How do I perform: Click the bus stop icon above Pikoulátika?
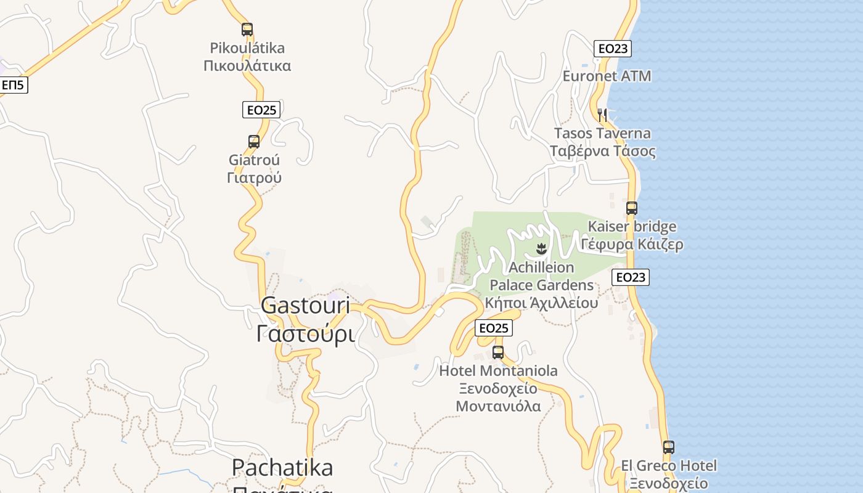click(247, 29)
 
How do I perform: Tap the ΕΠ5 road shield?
click(12, 85)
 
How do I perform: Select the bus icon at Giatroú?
click(254, 142)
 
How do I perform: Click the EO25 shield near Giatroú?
click(261, 110)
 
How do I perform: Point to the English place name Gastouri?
click(305, 305)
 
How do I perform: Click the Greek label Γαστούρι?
click(305, 334)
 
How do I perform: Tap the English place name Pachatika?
click(282, 468)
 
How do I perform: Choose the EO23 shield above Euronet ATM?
click(613, 49)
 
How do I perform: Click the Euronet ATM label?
click(607, 76)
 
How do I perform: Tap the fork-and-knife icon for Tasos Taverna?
click(602, 115)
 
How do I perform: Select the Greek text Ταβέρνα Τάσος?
click(602, 151)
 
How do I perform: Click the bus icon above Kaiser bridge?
click(631, 208)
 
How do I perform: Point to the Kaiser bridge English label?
click(632, 226)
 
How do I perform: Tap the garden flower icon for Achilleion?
click(541, 249)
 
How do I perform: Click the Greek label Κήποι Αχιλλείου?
click(541, 303)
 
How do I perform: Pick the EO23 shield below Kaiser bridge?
click(631, 277)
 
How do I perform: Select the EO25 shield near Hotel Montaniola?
click(494, 328)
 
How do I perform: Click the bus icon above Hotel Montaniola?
click(498, 352)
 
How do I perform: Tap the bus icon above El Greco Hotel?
click(669, 447)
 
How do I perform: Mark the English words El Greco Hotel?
click(669, 465)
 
